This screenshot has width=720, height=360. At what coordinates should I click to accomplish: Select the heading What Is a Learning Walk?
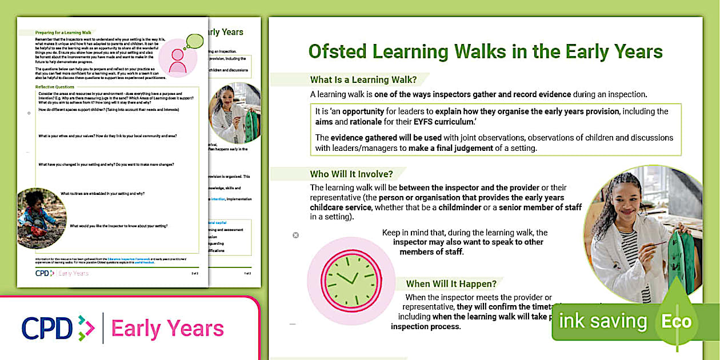click(354, 80)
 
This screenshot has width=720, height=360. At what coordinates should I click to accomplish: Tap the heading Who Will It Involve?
click(351, 174)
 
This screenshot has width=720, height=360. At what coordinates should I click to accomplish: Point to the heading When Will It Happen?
click(451, 283)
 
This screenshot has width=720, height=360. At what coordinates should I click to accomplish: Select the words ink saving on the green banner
click(603, 321)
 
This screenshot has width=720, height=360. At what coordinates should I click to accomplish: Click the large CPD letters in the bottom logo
click(47, 328)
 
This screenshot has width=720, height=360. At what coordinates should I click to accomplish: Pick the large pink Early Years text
click(167, 329)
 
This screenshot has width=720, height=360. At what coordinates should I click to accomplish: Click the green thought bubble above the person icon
click(194, 41)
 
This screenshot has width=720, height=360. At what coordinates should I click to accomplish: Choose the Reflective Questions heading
click(55, 87)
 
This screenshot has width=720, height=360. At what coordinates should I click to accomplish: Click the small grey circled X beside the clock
click(295, 235)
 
